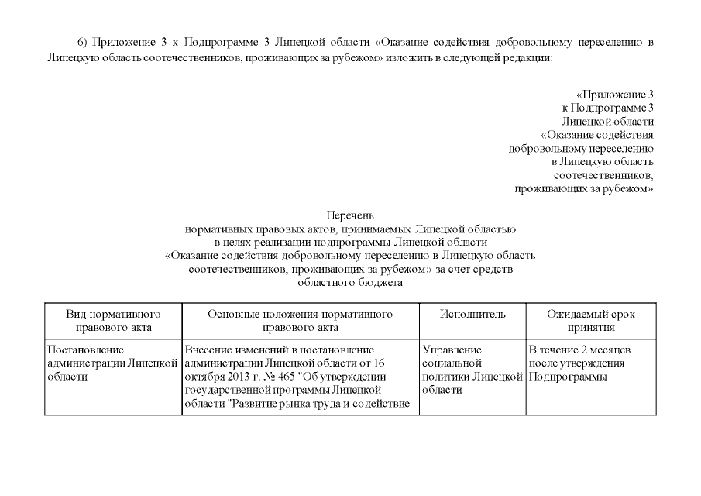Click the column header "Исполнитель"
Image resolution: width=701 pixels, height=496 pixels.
pyautogui.click(x=472, y=315)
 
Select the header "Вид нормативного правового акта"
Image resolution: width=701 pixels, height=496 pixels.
pyautogui.click(x=113, y=321)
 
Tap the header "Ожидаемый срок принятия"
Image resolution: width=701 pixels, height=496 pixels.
pyautogui.click(x=590, y=321)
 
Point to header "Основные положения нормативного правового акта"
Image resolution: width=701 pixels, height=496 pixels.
pyautogui.click(x=300, y=321)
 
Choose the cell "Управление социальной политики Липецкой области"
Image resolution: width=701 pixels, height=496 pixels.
pyautogui.click(x=472, y=370)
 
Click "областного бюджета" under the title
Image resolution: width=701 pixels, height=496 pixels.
pyautogui.click(x=350, y=284)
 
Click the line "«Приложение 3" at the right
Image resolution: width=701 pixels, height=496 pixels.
pyautogui.click(x=615, y=94)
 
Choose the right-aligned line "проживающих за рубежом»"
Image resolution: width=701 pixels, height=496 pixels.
pyautogui.click(x=585, y=188)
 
